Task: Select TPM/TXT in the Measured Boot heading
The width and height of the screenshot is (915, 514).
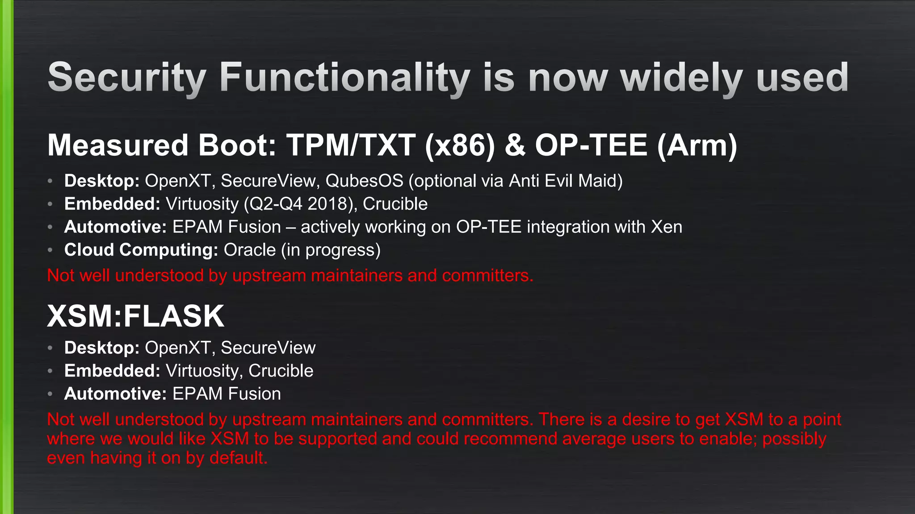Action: pos(351,145)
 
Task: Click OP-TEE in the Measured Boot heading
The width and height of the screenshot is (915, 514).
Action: pos(591,145)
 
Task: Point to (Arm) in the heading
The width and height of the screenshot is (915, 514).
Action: pos(697,145)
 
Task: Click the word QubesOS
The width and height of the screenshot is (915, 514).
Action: pos(364,181)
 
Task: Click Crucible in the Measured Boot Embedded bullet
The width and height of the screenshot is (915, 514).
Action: pos(395,204)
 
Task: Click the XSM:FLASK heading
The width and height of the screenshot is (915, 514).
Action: pos(135,316)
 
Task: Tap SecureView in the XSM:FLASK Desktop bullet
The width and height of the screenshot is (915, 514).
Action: pos(268,348)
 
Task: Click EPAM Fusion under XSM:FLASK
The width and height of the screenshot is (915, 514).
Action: pos(227,394)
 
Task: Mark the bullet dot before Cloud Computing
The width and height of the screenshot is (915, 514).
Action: pos(50,250)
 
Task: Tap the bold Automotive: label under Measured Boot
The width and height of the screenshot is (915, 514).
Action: pos(115,227)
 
